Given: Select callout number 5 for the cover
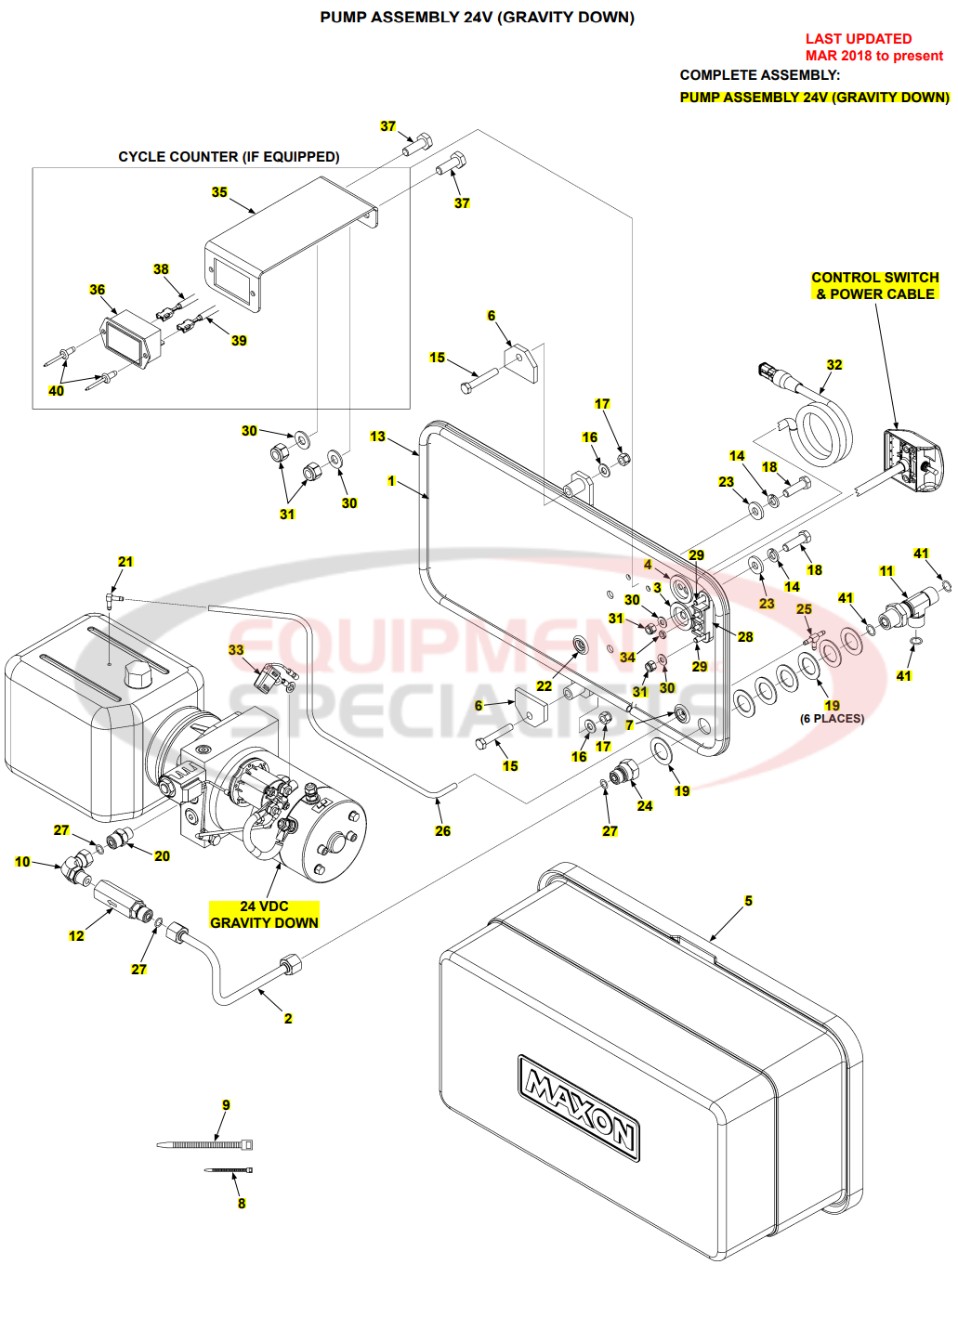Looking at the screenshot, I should tap(748, 901).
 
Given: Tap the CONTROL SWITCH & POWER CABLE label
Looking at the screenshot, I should tap(875, 286).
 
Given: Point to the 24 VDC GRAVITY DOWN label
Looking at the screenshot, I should tap(264, 915).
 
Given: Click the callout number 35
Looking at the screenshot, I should tap(219, 192).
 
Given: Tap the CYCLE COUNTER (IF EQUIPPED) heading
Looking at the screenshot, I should tap(229, 157).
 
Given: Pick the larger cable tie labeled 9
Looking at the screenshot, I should tap(204, 1145).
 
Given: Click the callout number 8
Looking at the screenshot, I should tap(242, 1204).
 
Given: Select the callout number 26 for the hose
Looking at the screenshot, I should tap(442, 831).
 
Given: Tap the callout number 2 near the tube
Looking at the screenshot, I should tap(288, 1019).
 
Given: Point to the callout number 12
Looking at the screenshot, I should tap(76, 936).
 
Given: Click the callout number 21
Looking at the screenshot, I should tap(125, 562).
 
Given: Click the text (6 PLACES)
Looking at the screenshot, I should tap(832, 719).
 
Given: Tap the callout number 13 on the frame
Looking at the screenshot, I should tap(377, 437).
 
